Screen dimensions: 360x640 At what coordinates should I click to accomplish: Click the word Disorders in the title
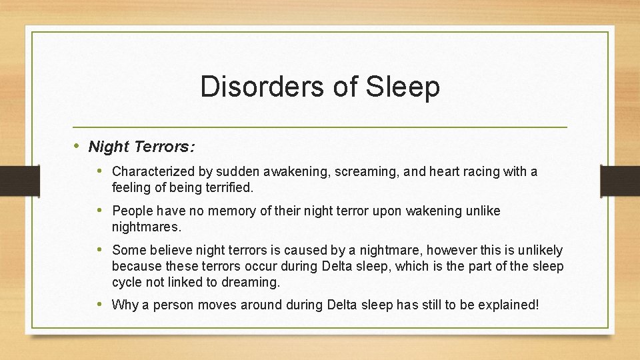click(x=249, y=87)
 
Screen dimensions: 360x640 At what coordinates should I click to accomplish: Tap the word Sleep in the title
click(x=403, y=87)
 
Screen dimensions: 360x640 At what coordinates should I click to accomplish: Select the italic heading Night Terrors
click(x=141, y=146)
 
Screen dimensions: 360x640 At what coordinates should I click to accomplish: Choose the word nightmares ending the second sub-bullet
click(x=146, y=227)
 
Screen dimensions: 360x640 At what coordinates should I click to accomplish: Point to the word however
click(x=451, y=250)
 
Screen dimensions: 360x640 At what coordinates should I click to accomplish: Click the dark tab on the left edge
click(x=11, y=180)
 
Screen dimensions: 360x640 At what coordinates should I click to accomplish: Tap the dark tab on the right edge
click(x=621, y=180)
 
